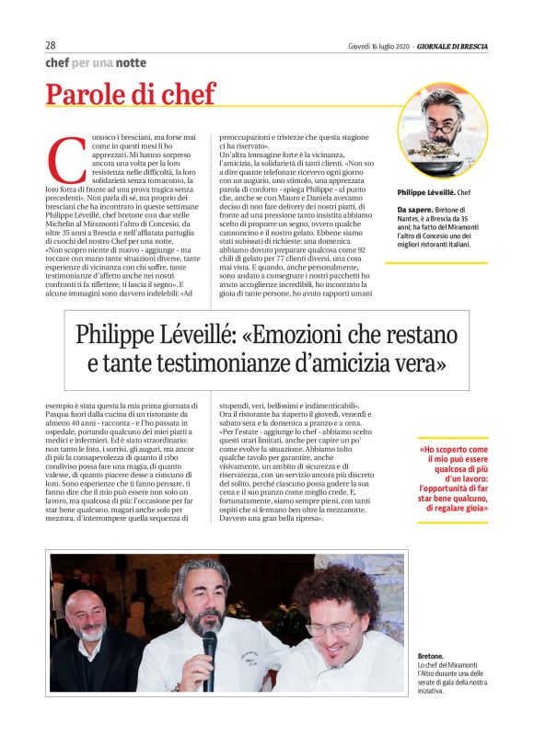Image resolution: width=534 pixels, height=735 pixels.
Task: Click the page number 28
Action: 52,45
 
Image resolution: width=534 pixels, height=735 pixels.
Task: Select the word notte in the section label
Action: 131,63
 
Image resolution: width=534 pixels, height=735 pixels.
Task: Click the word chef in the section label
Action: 60,63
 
